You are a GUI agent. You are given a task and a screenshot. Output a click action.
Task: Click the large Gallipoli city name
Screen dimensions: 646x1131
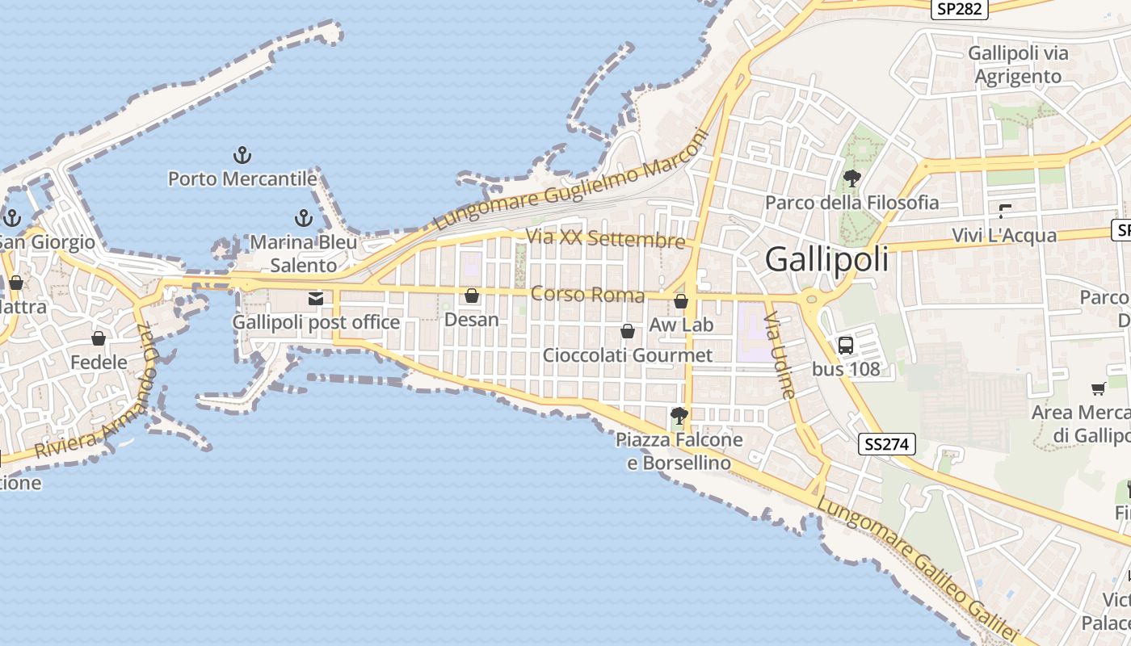[826, 259]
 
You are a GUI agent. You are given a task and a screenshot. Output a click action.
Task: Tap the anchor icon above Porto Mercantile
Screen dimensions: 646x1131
[242, 154]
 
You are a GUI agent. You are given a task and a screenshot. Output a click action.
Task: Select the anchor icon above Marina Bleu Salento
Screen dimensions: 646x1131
[303, 217]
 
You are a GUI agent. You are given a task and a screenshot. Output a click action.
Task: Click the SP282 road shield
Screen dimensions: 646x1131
[960, 9]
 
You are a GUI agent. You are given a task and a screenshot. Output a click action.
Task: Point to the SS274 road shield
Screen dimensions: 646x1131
[886, 443]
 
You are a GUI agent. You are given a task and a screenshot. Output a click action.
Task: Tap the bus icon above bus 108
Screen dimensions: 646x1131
[846, 346]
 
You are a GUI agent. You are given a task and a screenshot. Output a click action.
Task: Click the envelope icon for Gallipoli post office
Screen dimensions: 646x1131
[316, 299]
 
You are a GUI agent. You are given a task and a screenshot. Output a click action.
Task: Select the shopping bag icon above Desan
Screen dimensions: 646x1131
[472, 296]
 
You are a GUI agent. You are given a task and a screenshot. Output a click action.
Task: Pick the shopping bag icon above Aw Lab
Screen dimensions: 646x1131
[681, 301]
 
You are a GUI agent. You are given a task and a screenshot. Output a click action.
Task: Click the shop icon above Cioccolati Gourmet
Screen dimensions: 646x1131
[627, 331]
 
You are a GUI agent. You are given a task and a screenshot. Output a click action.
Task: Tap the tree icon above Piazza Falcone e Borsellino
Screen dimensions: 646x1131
[679, 417]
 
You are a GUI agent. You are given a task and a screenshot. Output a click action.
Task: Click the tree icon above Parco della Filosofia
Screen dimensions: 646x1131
[851, 178]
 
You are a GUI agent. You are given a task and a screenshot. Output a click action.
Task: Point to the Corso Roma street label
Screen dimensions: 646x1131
[587, 295]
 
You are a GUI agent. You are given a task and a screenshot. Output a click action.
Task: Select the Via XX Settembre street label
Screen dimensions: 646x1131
[605, 239]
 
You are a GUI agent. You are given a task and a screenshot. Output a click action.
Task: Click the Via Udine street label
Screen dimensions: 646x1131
[780, 354]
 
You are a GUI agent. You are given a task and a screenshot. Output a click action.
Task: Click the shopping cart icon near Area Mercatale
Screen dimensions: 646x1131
[1098, 389]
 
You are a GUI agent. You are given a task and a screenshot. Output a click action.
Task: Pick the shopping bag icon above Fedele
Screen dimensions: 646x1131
[99, 338]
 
